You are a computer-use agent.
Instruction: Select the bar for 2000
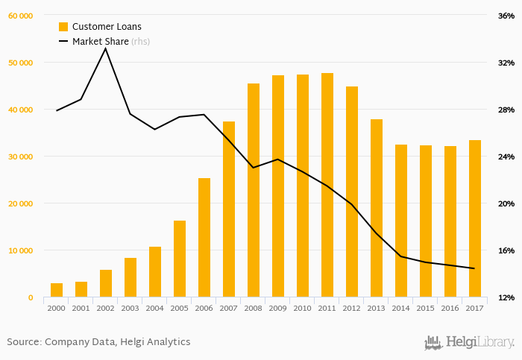click(57, 290)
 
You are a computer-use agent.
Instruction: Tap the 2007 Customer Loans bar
click(229, 209)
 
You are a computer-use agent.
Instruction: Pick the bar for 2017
click(475, 218)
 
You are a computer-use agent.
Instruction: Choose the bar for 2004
click(155, 271)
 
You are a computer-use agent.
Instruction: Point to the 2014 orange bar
click(401, 221)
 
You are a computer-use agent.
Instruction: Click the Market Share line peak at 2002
click(105, 48)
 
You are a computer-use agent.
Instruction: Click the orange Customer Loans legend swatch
click(63, 27)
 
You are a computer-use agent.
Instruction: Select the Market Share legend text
click(100, 42)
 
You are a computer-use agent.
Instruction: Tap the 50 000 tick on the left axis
click(20, 63)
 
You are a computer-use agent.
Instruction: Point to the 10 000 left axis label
click(20, 250)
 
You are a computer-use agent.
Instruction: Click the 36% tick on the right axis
click(506, 16)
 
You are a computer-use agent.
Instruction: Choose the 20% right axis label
click(506, 203)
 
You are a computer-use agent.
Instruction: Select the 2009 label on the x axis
click(278, 307)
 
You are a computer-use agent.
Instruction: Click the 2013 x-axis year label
click(377, 307)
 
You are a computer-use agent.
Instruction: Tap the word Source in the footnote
click(23, 342)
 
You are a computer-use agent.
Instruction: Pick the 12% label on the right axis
click(506, 297)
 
